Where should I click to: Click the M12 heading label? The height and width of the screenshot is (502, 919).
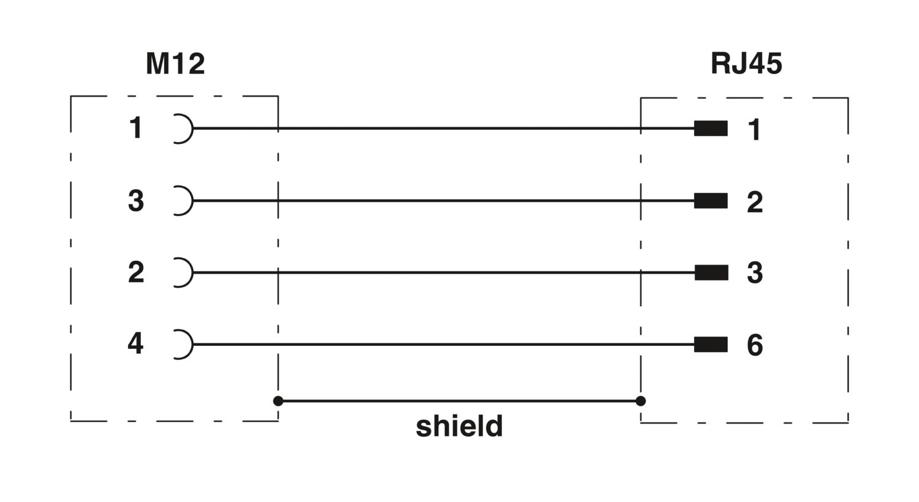[175, 64]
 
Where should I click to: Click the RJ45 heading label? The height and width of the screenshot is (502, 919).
[746, 64]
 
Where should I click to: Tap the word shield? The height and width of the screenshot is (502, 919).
[459, 426]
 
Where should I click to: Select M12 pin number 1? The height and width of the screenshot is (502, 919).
[136, 128]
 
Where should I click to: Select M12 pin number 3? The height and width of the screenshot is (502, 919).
[136, 200]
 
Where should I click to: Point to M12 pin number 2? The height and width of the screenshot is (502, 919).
[136, 272]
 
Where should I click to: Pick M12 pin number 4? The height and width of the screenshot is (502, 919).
[136, 343]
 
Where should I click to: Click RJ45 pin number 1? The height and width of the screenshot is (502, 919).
[754, 130]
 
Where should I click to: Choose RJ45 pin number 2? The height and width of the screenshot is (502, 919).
[755, 202]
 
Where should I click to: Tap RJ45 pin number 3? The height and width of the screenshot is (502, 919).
[755, 273]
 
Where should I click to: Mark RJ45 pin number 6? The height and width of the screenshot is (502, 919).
[755, 345]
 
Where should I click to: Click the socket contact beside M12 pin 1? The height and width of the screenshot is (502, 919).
[192, 129]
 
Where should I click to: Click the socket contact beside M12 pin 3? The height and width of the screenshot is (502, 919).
[192, 201]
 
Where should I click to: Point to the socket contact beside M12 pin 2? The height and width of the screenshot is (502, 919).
[192, 272]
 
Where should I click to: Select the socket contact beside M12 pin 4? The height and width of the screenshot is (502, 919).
[192, 345]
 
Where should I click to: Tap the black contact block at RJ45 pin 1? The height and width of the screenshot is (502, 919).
[711, 129]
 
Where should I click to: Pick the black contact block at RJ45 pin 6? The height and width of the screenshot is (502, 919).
[711, 345]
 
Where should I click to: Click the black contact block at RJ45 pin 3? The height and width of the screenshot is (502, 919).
[711, 272]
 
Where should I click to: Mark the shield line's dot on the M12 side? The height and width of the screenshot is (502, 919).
[278, 401]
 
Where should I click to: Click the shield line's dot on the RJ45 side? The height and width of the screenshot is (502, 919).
[640, 401]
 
